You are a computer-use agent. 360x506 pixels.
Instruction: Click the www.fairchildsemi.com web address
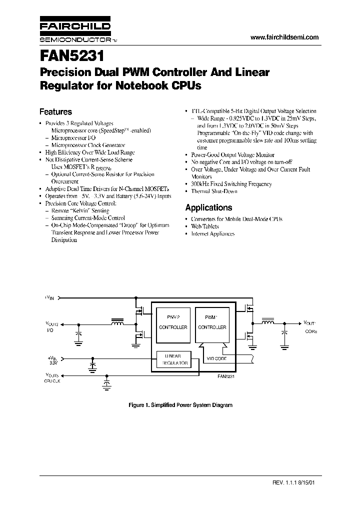pyautogui.click(x=283, y=37)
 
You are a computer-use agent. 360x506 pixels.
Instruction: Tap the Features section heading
pyautogui.click(x=55, y=112)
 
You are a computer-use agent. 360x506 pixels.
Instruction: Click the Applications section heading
pyautogui.click(x=208, y=207)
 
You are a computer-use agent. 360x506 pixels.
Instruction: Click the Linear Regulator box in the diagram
pyautogui.click(x=173, y=359)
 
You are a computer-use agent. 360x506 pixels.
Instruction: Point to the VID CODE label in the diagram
pyautogui.click(x=216, y=359)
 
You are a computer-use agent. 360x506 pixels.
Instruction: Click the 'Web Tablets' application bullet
pyautogui.click(x=205, y=226)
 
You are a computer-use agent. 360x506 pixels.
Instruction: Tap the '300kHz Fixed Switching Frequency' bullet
pyautogui.click(x=232, y=184)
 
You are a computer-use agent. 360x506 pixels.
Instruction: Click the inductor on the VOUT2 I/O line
pyautogui.click(x=117, y=322)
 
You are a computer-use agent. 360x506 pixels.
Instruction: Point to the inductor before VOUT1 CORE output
pyautogui.click(x=268, y=322)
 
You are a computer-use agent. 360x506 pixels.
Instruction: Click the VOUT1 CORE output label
pyautogui.click(x=310, y=327)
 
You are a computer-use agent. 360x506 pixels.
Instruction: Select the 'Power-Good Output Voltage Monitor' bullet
pyautogui.click(x=233, y=155)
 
